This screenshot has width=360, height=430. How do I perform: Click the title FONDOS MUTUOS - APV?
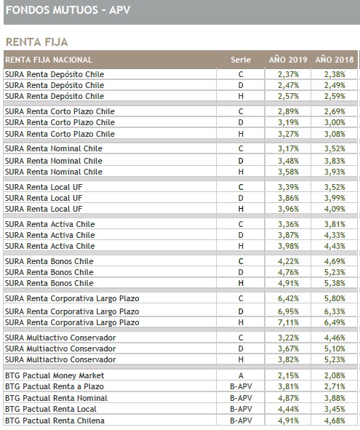[68, 10]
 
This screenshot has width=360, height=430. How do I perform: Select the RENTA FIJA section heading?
[37, 42]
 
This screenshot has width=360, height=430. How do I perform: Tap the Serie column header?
[241, 60]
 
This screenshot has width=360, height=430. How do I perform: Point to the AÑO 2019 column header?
[288, 60]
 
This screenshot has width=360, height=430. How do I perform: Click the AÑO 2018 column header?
[335, 60]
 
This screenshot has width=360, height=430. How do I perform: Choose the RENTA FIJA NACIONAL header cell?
[49, 60]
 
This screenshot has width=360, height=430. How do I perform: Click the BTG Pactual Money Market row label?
[55, 375]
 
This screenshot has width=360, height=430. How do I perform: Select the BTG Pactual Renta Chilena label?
[55, 421]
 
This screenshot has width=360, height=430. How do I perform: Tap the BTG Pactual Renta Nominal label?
[56, 398]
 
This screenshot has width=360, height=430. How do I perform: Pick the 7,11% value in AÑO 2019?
[288, 322]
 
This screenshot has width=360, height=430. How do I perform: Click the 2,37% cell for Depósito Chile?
[288, 74]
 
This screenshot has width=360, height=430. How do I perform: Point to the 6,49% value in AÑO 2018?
[335, 322]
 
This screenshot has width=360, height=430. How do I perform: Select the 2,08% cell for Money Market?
[335, 375]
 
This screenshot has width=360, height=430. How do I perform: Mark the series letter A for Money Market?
[241, 375]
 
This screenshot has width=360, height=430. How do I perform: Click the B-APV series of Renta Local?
[241, 409]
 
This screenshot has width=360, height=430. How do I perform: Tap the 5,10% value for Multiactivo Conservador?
[335, 349]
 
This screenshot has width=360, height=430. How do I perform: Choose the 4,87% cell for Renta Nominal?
[288, 398]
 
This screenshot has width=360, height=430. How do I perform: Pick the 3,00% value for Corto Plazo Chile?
[335, 122]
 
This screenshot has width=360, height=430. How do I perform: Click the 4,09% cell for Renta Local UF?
[335, 209]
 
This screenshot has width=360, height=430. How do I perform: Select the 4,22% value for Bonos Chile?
[288, 261]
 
